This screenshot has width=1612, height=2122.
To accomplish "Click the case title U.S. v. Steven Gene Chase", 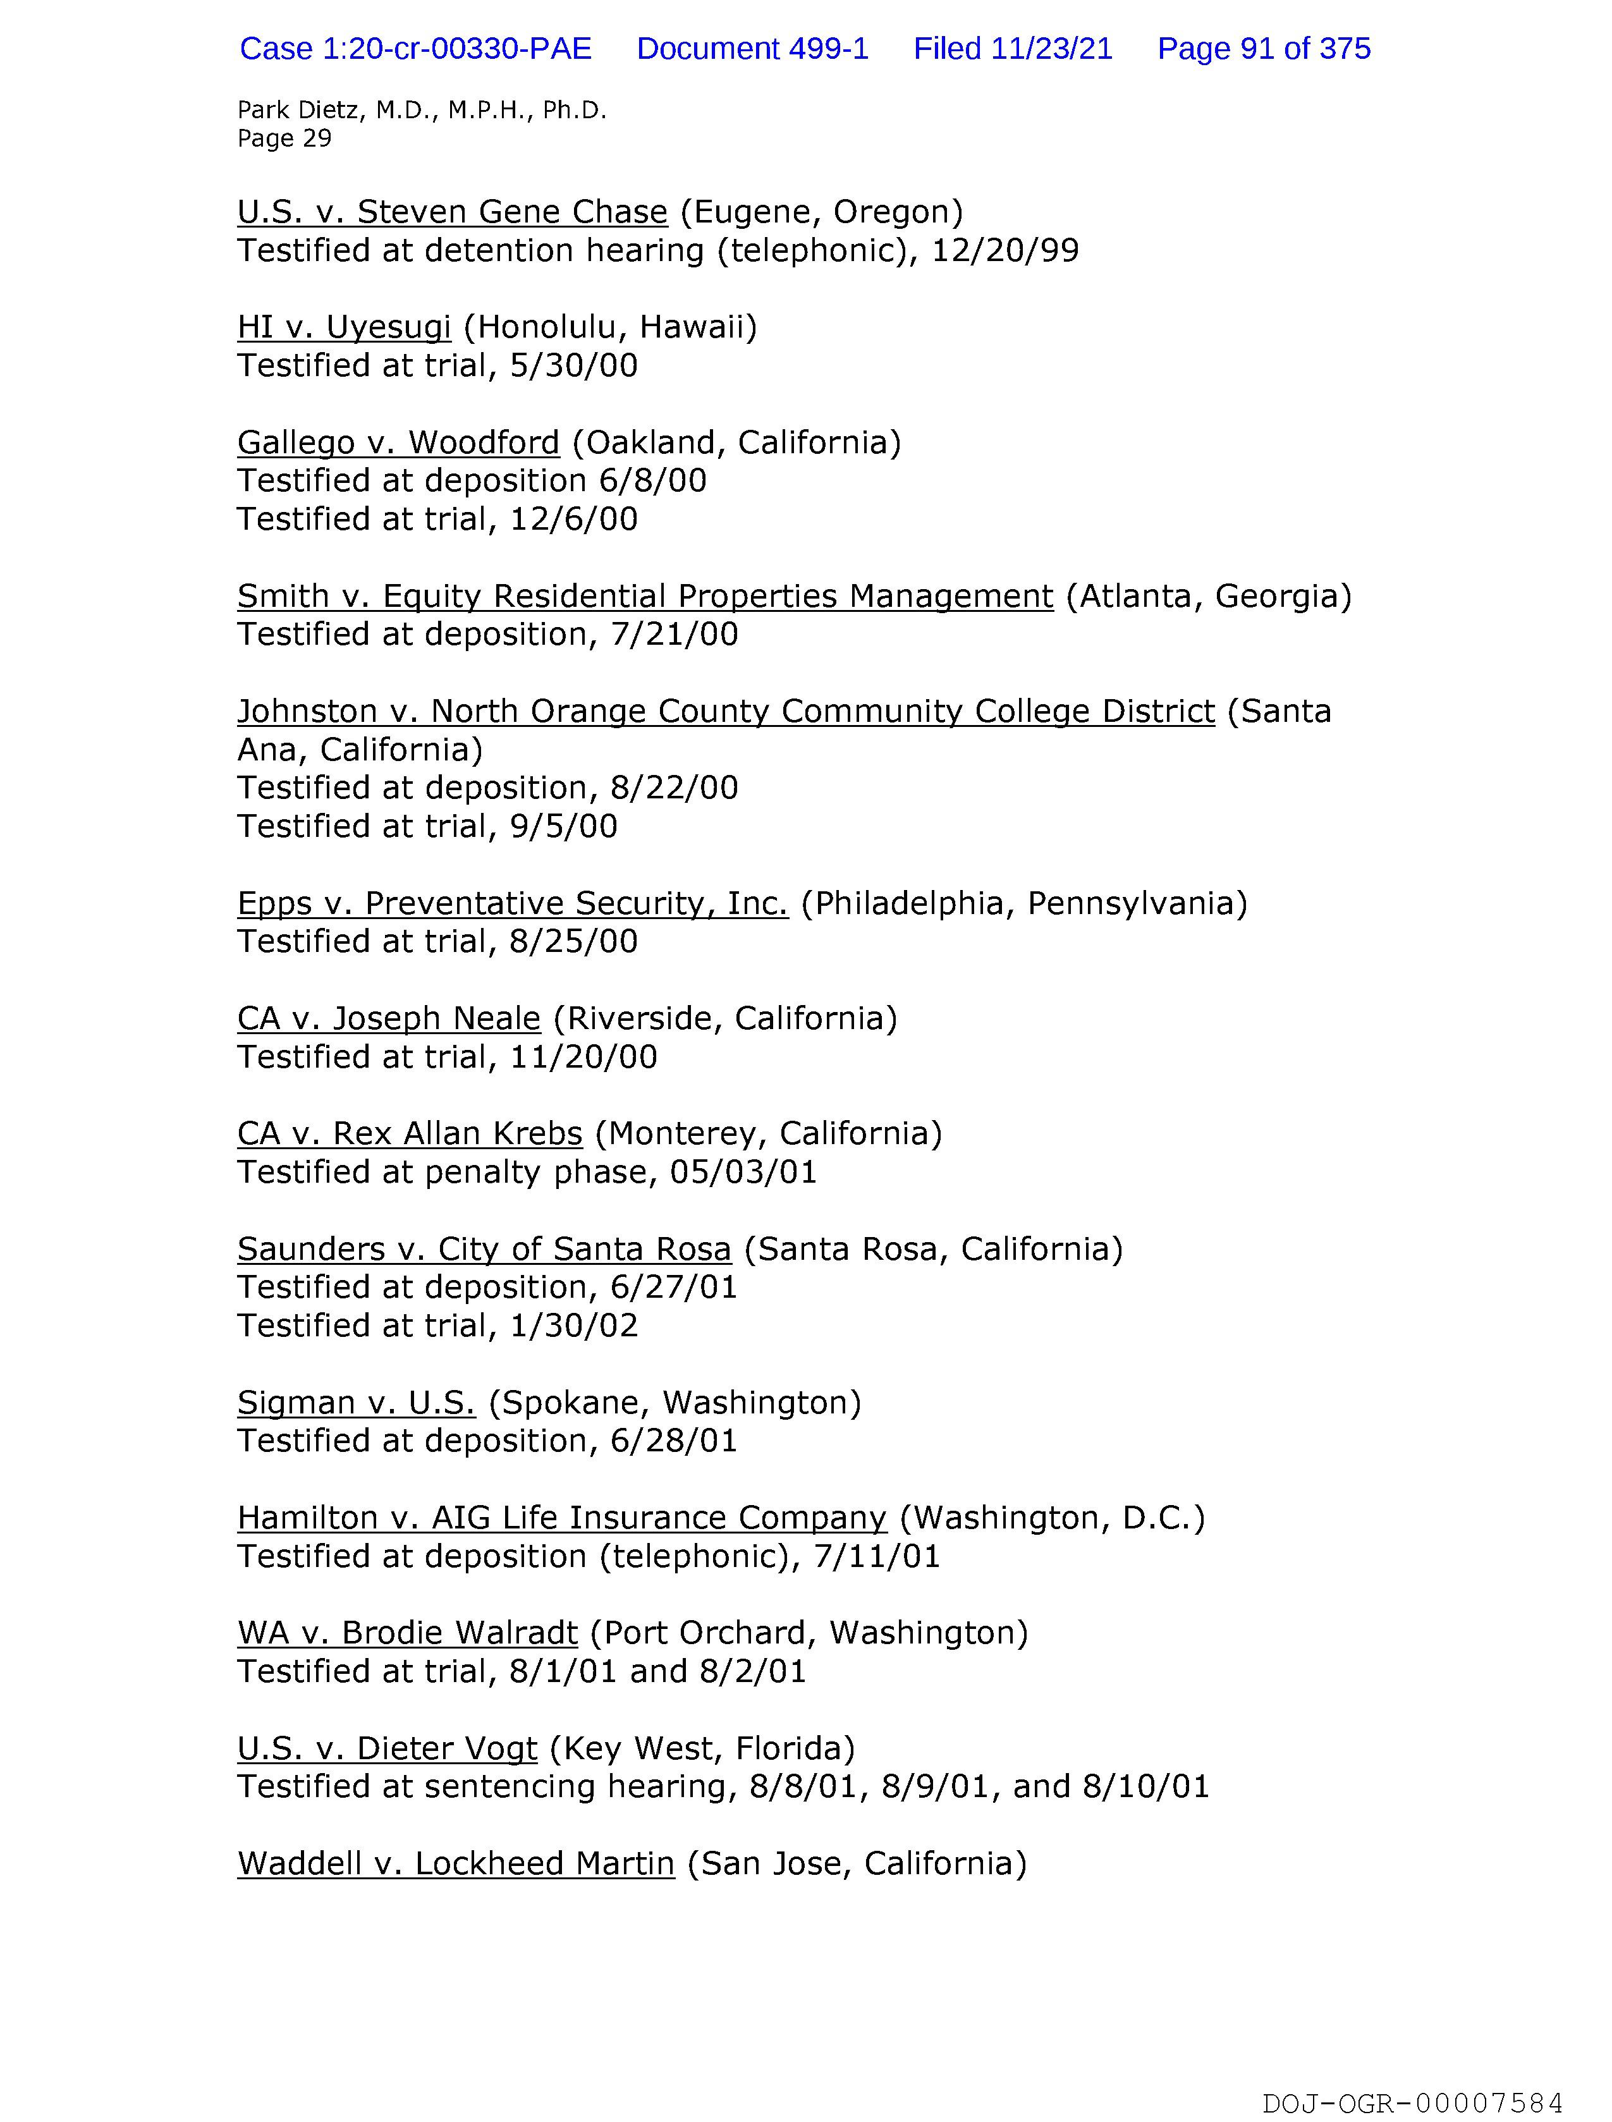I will [x=452, y=211].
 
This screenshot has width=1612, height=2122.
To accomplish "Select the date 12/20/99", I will [x=1004, y=250].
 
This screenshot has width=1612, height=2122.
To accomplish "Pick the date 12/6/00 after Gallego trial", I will [x=573, y=519].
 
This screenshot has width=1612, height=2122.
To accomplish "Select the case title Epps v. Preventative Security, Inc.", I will [x=513, y=903].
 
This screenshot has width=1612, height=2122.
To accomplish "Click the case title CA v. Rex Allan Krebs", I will [x=410, y=1133].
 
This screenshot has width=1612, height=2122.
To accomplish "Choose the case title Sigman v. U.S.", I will [x=356, y=1403].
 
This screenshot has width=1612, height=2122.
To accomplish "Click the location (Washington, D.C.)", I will [x=1052, y=1518].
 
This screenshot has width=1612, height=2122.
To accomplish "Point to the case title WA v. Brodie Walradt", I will [x=408, y=1633].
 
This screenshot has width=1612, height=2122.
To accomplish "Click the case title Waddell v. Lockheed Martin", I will [x=456, y=1863].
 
